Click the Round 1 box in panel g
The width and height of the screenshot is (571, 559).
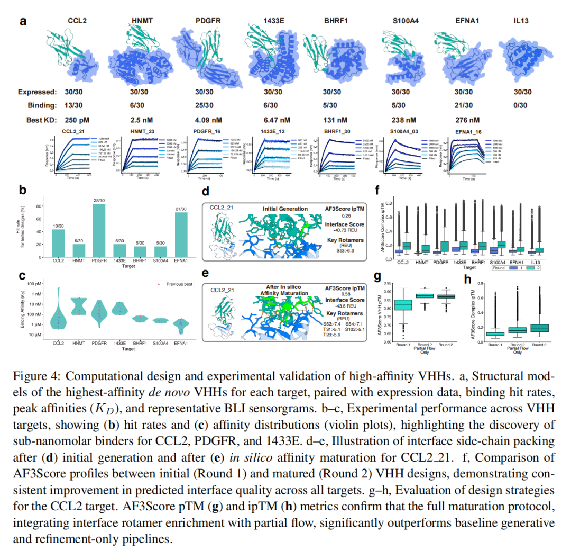(403, 305)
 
